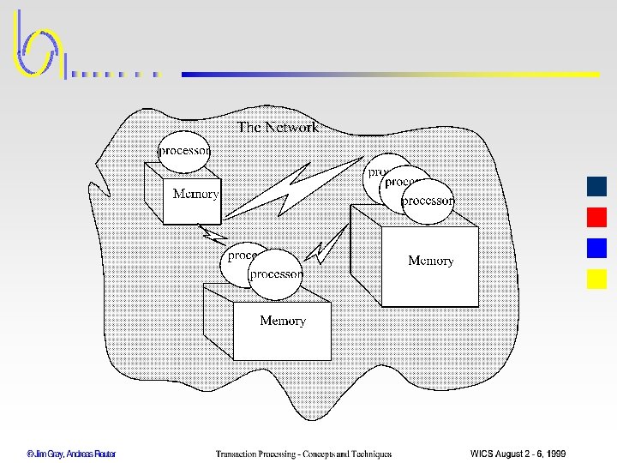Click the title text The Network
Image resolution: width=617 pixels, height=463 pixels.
coord(278,127)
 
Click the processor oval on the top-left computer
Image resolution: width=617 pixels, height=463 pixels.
coord(184,150)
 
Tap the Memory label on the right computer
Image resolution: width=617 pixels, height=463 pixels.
coord(430,261)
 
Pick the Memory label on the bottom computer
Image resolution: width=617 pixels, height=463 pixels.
coord(283,321)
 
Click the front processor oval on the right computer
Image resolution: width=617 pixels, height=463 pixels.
coord(427,201)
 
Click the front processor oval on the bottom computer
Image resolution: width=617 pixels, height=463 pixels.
coord(276,274)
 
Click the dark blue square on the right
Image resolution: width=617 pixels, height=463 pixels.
coord(596,186)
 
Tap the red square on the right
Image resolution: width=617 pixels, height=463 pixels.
coord(596,217)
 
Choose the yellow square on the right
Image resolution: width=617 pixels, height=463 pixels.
coord(596,279)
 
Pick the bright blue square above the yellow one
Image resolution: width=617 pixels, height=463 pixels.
coord(596,248)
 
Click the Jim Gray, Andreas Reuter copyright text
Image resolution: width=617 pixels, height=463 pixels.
coord(71,454)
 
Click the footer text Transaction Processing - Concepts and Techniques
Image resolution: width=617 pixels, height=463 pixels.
coord(303,454)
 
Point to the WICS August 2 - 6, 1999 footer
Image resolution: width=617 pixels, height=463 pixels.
coord(518,454)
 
